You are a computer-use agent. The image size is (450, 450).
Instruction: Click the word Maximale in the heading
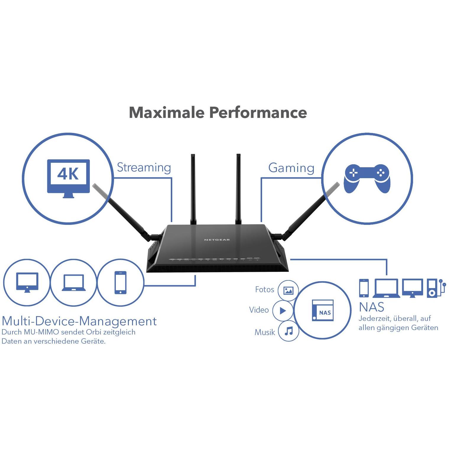(167, 113)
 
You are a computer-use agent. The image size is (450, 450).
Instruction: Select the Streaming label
(144, 168)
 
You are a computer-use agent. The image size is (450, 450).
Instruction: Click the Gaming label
(291, 168)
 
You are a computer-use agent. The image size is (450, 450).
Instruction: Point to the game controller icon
(367, 178)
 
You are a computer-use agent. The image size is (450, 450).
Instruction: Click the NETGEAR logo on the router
(217, 240)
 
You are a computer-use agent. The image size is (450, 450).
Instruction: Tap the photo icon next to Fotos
(288, 290)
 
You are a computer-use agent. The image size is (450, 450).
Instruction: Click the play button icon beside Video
(283, 311)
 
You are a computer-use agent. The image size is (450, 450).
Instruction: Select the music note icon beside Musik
(289, 331)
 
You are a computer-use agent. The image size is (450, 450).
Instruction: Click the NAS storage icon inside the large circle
(323, 311)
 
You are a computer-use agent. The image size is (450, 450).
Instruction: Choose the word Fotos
(264, 290)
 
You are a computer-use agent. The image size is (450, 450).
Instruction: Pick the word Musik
(265, 332)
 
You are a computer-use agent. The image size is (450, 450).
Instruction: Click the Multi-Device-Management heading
(79, 321)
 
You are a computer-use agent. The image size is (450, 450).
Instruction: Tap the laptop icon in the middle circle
(74, 283)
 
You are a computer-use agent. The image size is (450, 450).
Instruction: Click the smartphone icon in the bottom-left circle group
(120, 282)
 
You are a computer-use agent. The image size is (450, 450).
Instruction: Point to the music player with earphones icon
(436, 288)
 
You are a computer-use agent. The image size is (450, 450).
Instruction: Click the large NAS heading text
(371, 307)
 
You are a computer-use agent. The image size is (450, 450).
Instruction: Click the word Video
(259, 310)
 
